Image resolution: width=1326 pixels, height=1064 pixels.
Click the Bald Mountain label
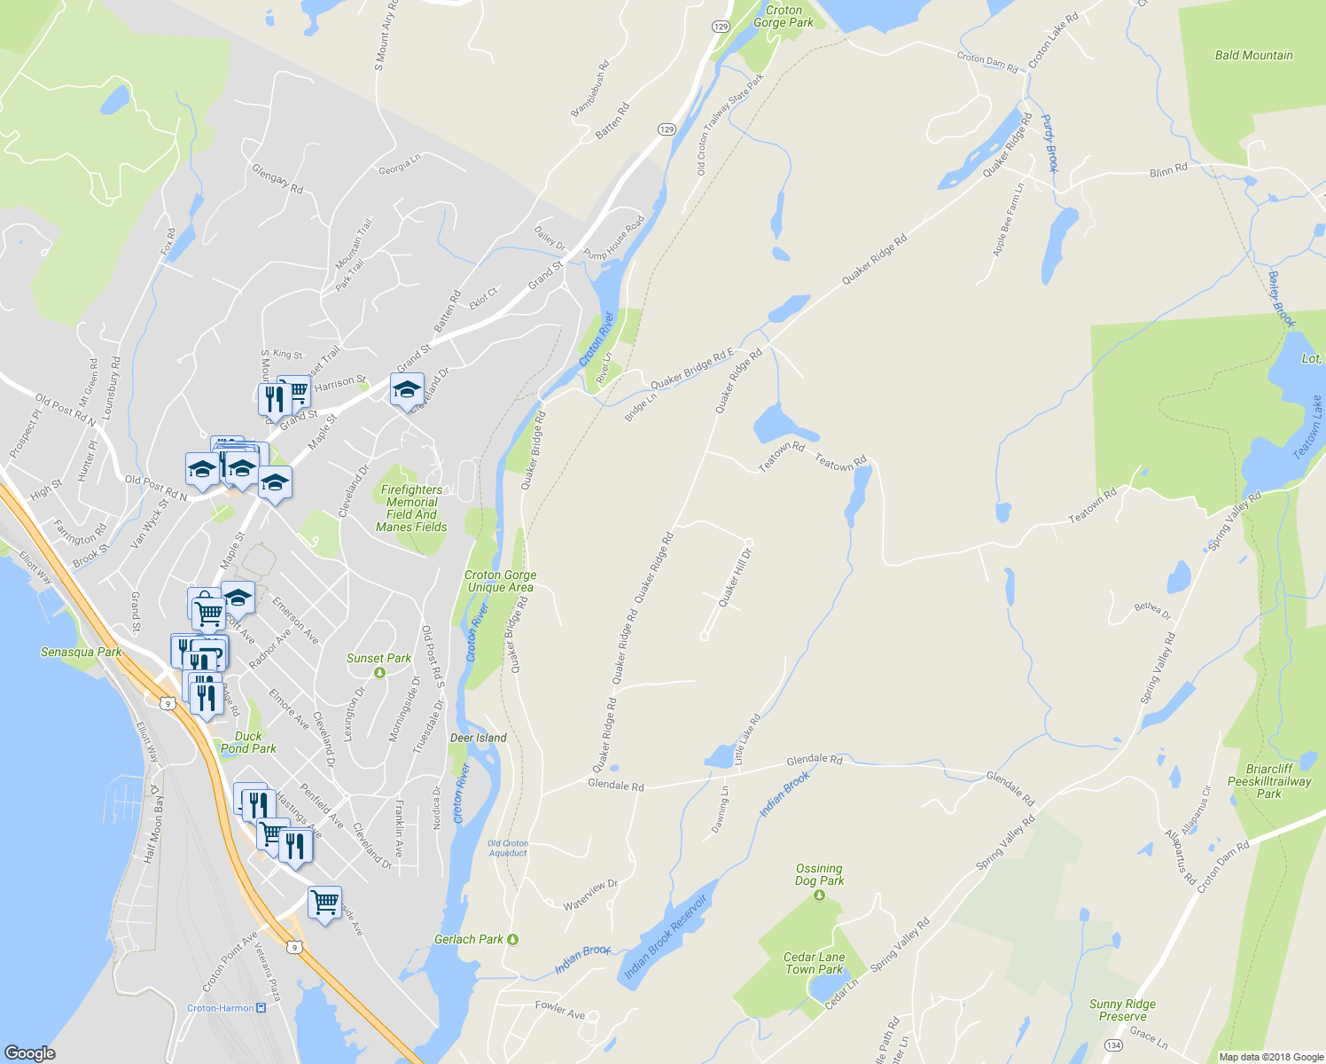(x=1253, y=55)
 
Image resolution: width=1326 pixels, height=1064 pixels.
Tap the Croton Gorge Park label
(x=784, y=16)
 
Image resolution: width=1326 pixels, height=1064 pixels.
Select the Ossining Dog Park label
(x=819, y=874)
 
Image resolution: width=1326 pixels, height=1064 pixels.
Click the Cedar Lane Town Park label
(x=814, y=963)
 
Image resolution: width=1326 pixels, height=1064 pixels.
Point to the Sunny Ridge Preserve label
(x=1122, y=1010)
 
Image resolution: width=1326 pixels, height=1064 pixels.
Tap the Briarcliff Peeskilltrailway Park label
(x=1269, y=781)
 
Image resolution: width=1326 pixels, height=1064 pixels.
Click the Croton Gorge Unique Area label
(x=500, y=581)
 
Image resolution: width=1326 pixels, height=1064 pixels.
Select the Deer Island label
(x=479, y=738)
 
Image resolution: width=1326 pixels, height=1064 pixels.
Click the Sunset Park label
(x=378, y=658)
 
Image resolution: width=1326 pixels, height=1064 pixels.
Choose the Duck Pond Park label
(x=248, y=742)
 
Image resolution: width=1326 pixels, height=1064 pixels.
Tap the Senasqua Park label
(x=81, y=652)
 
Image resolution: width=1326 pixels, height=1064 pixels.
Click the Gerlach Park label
(x=469, y=939)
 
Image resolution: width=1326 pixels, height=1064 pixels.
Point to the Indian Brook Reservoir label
(x=666, y=937)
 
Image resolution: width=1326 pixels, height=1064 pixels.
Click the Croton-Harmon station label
(x=221, y=1008)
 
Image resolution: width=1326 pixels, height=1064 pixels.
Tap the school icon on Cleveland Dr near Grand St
(x=407, y=389)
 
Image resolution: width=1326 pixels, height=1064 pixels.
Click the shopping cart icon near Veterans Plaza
(x=324, y=903)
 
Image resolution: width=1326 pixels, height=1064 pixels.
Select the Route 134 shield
(x=1113, y=1045)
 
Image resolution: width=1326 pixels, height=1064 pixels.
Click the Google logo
(x=29, y=1052)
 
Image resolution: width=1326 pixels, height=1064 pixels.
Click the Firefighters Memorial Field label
(x=411, y=508)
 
